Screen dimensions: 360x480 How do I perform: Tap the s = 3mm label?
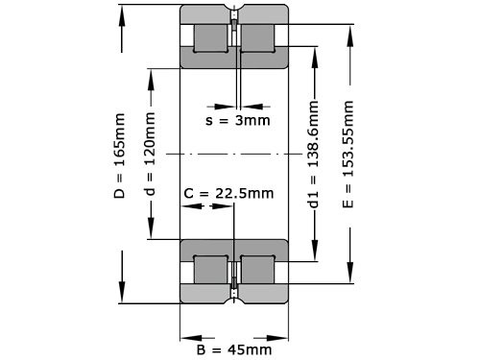[x=238, y=120]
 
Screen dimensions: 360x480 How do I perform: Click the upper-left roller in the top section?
[x=211, y=38]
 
